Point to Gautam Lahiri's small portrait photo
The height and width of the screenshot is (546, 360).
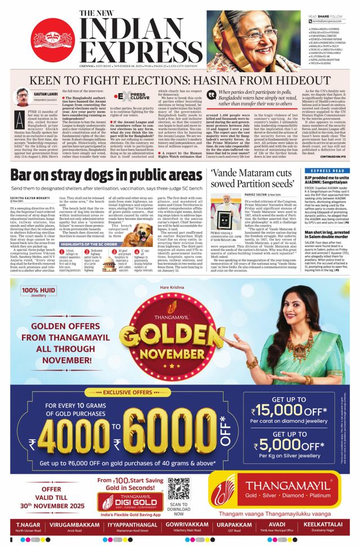[22, 97]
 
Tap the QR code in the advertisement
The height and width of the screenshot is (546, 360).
[178, 490]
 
